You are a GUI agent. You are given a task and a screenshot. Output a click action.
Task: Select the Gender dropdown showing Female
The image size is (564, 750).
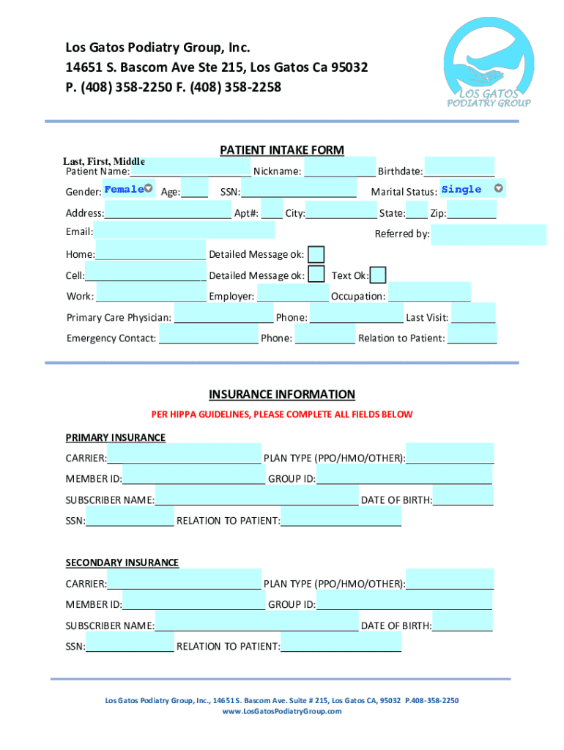127,189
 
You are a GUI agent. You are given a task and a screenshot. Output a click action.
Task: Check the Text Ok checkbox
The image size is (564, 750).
379,275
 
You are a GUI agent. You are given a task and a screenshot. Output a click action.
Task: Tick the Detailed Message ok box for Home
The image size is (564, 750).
316,254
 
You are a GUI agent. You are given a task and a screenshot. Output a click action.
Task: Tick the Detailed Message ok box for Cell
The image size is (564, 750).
316,275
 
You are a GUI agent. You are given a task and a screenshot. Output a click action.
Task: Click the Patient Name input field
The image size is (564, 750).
190,168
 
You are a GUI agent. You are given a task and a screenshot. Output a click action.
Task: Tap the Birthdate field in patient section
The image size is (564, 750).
459,168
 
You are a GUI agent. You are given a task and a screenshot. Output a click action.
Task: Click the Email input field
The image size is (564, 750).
184,230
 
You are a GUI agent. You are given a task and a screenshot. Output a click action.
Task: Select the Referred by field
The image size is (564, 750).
488,234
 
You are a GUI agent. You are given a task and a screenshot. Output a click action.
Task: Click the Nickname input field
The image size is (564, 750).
339,168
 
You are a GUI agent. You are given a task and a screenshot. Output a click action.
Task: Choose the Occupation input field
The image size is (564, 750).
429,293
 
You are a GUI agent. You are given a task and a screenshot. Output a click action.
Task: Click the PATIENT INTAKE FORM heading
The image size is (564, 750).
282,150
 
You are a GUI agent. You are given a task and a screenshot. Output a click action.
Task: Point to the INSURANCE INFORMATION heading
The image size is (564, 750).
282,394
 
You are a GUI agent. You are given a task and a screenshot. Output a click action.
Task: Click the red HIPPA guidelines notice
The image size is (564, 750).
282,415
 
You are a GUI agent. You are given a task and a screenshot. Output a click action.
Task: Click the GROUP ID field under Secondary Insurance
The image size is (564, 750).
404,601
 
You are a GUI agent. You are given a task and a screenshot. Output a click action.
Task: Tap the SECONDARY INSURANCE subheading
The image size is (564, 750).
122,562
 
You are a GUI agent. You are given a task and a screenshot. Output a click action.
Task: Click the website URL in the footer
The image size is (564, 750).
282,711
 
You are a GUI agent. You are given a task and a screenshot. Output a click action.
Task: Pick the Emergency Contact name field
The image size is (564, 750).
209,335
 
